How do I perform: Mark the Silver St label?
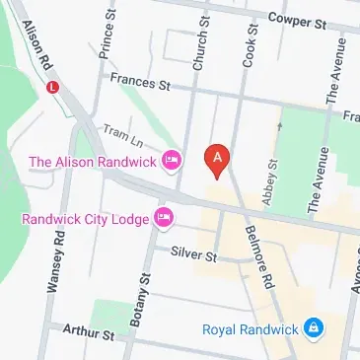click(x=194, y=254)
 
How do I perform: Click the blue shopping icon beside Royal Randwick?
click(x=313, y=326)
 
